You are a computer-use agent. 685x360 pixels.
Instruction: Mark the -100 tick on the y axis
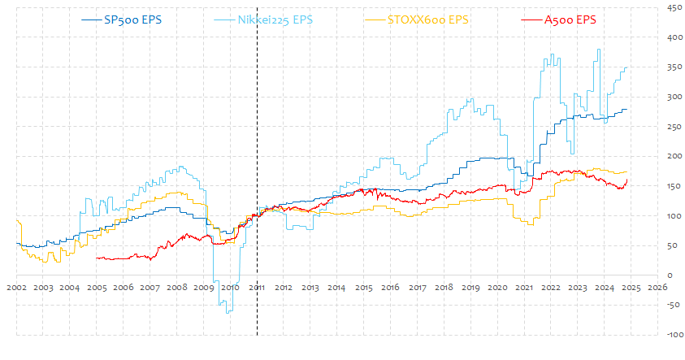[x=673, y=335]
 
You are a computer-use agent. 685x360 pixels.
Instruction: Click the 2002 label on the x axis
[x=17, y=288]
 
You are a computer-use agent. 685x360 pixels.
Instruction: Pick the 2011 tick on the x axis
[x=257, y=288]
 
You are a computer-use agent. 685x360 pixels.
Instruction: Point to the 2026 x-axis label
[x=657, y=288]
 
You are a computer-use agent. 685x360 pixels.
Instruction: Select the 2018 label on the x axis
[x=444, y=288]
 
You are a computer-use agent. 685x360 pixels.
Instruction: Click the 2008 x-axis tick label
[x=177, y=288]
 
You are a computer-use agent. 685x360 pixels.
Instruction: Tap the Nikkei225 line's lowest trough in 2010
[x=228, y=313]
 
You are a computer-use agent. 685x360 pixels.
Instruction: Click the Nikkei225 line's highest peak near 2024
[x=599, y=50]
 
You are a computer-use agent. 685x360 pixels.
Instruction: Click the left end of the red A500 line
[x=97, y=258]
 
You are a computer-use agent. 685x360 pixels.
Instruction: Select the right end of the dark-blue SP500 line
[x=627, y=109]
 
